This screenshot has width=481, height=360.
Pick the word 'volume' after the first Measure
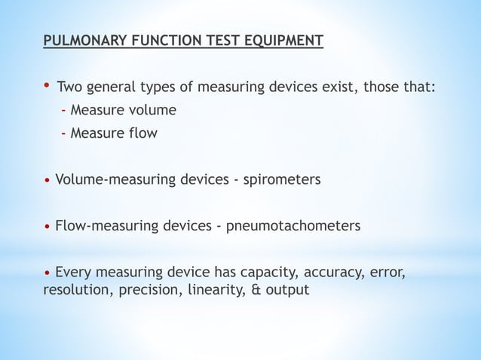pos(150,111)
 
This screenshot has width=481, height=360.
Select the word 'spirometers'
pos(281,180)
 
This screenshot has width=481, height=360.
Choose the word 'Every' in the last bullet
pos(72,272)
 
